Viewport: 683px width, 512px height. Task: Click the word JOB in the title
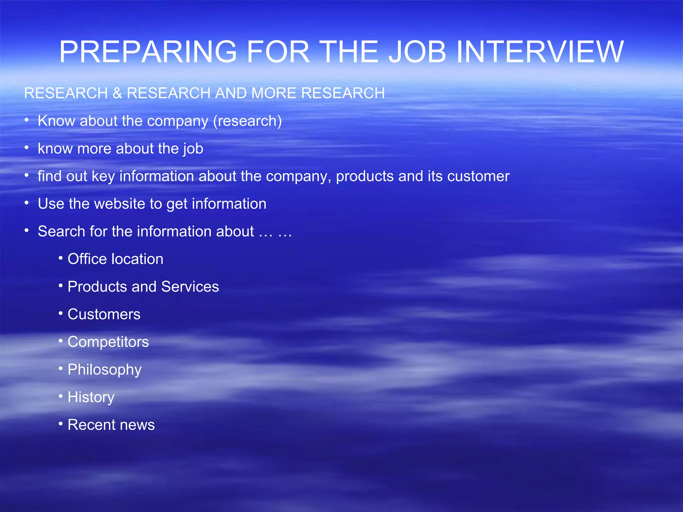[417, 52]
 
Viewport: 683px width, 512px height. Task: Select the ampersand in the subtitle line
[117, 93]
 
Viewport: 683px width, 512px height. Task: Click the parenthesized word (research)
[247, 121]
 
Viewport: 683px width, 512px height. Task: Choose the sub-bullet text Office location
[115, 259]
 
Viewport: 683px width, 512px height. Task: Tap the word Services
[190, 287]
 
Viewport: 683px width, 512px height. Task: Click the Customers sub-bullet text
[104, 314]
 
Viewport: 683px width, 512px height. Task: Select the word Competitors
[108, 342]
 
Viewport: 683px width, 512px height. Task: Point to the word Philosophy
[104, 370]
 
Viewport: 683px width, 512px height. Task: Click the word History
[91, 397]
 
